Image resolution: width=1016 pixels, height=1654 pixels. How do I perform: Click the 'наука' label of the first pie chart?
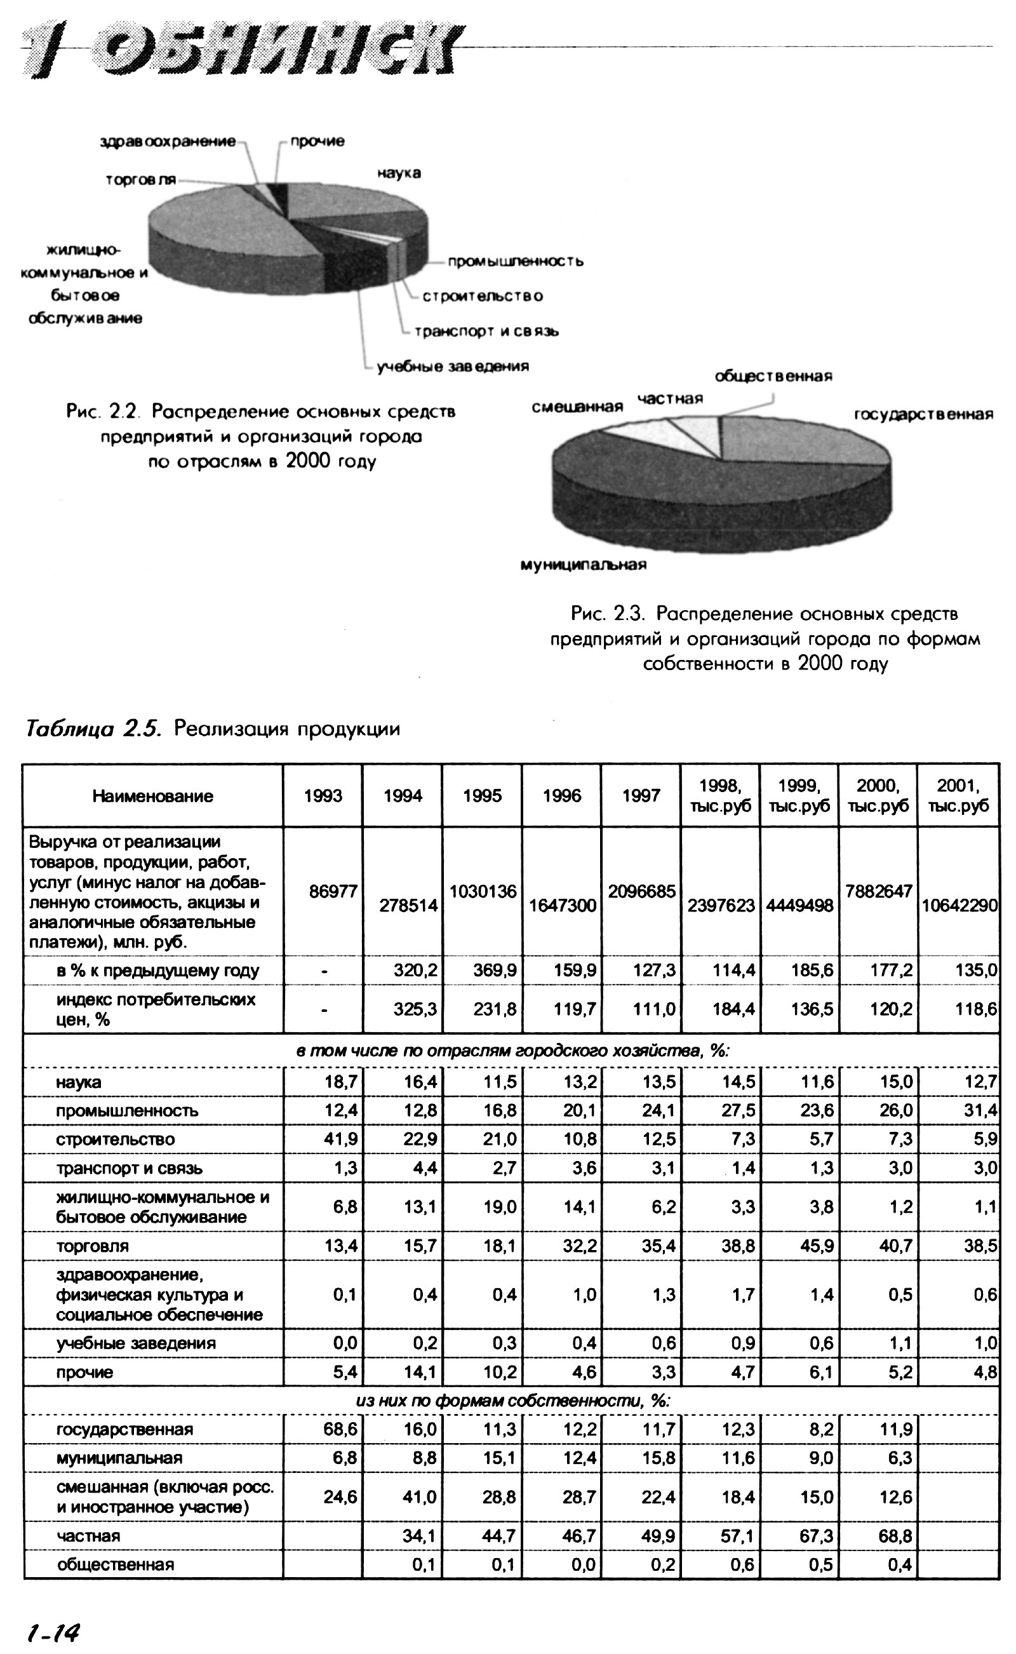pyautogui.click(x=399, y=173)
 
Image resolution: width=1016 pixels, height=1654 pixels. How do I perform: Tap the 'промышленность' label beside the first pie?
pyautogui.click(x=516, y=262)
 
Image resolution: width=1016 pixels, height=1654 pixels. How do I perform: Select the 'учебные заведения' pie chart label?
pyautogui.click(x=452, y=367)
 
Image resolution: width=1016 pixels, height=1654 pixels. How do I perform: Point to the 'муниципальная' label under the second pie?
pyautogui.click(x=584, y=565)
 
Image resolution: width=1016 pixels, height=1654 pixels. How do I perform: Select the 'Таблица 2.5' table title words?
pyautogui.click(x=93, y=729)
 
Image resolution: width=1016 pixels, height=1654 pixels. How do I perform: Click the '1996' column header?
pyautogui.click(x=562, y=797)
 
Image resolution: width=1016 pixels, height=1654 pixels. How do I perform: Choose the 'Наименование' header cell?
pyautogui.click(x=152, y=797)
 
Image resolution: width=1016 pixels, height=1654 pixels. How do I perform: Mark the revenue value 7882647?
pyautogui.click(x=878, y=891)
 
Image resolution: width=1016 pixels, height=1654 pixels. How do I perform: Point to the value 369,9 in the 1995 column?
pyautogui.click(x=495, y=971)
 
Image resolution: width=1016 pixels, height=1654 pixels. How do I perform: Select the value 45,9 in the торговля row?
pyautogui.click(x=817, y=1246)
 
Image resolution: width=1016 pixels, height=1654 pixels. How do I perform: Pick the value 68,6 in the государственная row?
pyautogui.click(x=341, y=1430)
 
